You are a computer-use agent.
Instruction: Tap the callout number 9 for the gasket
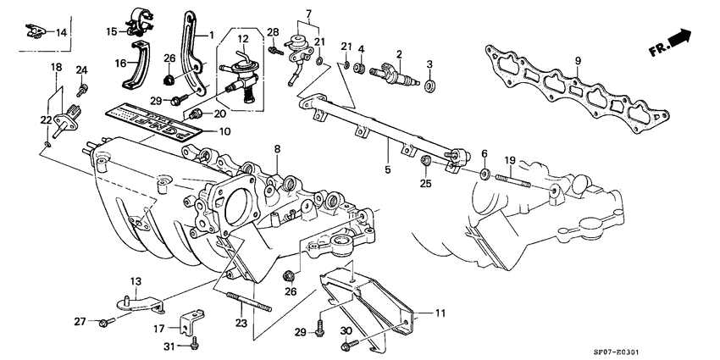click(578, 60)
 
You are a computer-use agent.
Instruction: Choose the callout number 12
click(243, 40)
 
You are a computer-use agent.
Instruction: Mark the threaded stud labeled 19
click(515, 182)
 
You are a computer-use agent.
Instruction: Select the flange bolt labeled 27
click(104, 321)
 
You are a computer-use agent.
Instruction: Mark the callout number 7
click(309, 14)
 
